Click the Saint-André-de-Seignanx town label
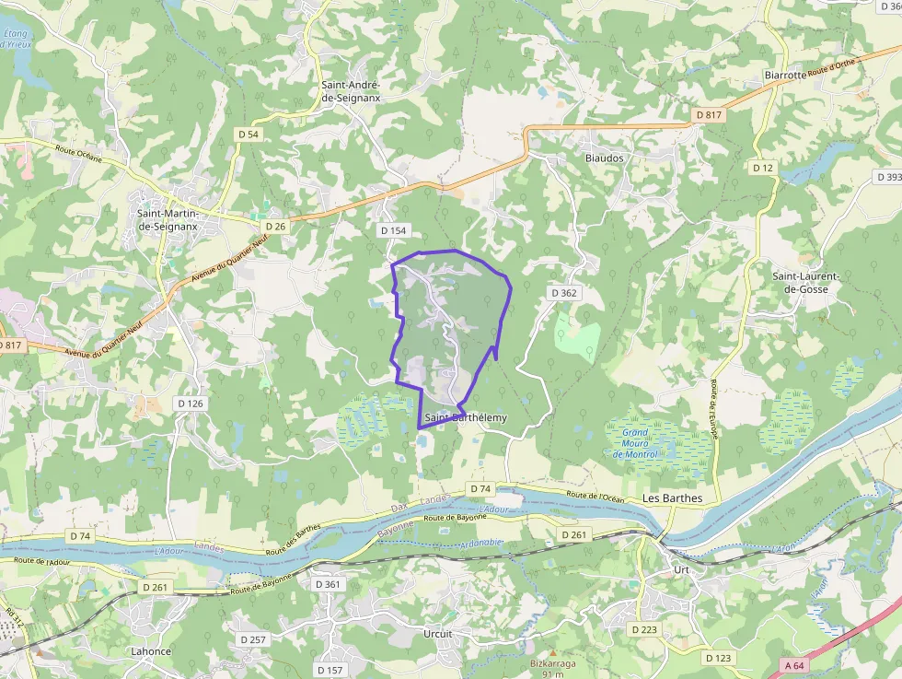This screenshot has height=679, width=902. [x=351, y=91]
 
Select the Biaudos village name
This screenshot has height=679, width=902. [x=604, y=158]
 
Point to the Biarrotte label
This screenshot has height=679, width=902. [x=784, y=76]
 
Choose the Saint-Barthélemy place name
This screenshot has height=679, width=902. [x=466, y=417]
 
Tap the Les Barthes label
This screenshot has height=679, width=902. [x=672, y=498]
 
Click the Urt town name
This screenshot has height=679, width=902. [x=681, y=570]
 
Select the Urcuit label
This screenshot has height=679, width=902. [x=438, y=634]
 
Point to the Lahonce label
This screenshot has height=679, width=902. [x=151, y=651]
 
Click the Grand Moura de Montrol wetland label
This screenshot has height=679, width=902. [x=635, y=443]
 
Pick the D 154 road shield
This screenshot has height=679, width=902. [x=392, y=229]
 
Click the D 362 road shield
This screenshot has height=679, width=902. [x=563, y=292]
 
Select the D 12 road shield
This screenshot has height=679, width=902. [x=762, y=168]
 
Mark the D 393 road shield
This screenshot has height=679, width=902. [x=889, y=177]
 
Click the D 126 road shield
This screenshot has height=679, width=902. [x=190, y=404]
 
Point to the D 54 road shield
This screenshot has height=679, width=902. [x=249, y=135]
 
